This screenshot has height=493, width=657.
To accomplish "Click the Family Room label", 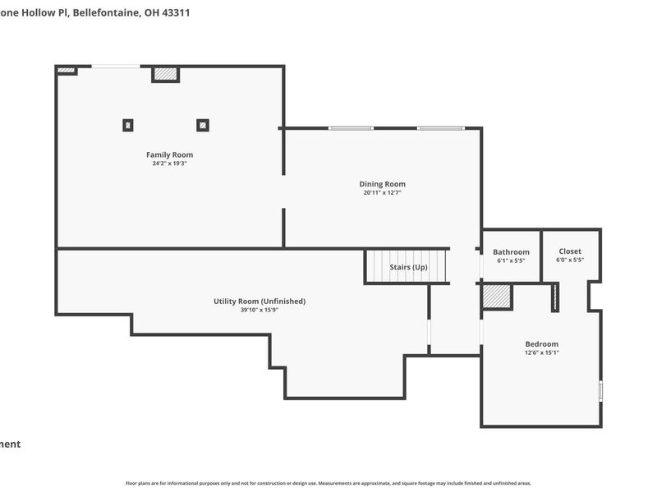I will coord(169,154).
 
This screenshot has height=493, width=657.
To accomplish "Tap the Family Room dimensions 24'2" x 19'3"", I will coord(169,164).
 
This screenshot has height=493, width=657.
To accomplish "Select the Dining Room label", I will coord(382,184).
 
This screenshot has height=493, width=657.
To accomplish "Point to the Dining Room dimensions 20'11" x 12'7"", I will coord(382,193).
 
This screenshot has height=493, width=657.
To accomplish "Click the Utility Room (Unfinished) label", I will coord(259,302).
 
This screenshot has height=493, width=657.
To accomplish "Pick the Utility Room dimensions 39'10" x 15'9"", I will coord(259,310).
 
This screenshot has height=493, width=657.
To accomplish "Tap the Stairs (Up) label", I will coord(408,267).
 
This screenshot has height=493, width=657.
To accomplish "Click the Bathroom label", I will coord(511,252).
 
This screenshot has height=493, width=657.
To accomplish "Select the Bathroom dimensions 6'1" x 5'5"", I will coord(511,260).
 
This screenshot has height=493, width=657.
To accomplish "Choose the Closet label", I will coord(569,251).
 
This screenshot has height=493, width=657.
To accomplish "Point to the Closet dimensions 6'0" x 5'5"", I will coord(569,260).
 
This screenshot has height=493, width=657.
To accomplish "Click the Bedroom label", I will coord(541,344).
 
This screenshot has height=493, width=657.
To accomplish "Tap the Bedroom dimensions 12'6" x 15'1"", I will coord(541,352).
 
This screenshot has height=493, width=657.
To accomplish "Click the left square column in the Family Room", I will coord(128,126).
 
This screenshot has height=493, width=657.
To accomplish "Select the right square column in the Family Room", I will coord(202,126).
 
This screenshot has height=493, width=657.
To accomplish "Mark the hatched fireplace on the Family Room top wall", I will coord(165,74).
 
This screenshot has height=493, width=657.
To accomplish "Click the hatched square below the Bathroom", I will coord(496,296).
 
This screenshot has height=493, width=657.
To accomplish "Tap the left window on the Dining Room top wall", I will coord(351,128).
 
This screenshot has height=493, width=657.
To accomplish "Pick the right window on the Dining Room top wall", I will coord(440,128).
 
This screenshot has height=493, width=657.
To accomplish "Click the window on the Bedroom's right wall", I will coord(600,391).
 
